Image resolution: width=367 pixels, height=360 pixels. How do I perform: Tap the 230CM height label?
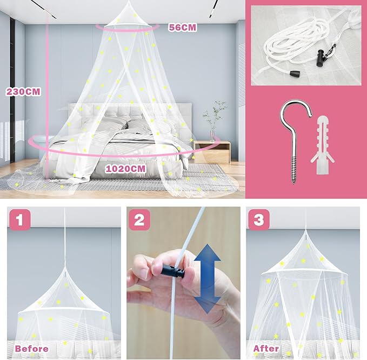tap(23, 92)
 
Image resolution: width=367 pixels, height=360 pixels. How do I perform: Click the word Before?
tap(31, 348)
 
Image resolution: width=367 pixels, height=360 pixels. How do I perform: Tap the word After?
tap(266, 348)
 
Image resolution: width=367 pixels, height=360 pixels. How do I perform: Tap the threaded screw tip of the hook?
tap(295, 171)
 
